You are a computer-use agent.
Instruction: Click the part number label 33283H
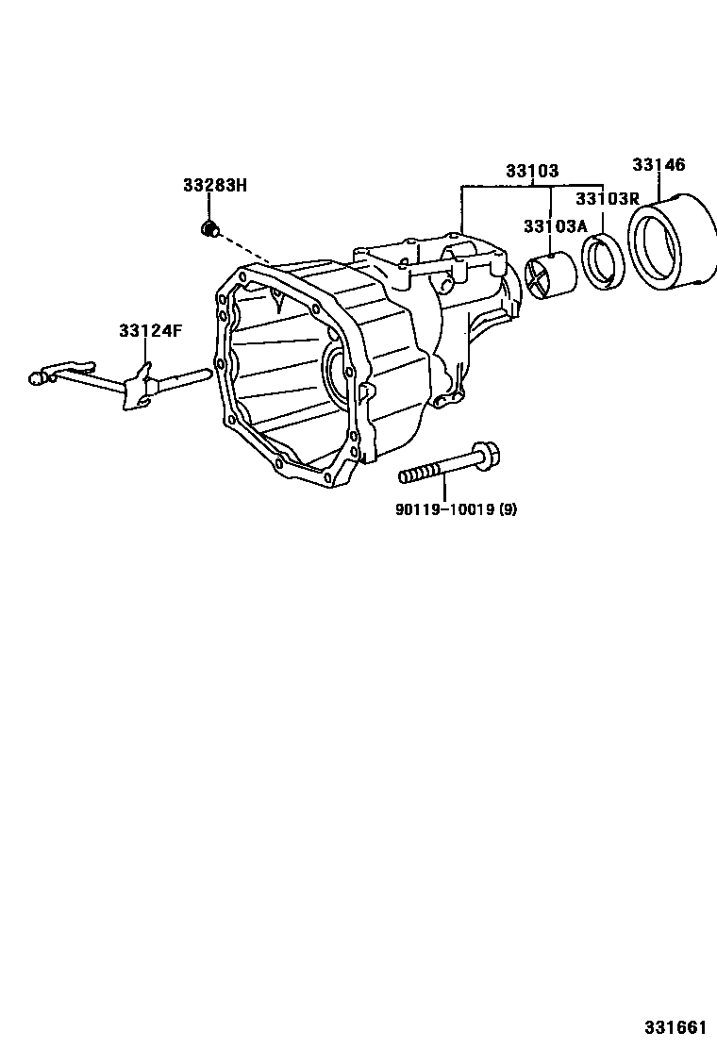214,186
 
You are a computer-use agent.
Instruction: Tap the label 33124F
150,331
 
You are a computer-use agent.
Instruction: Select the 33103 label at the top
531,172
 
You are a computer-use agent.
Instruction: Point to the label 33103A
555,225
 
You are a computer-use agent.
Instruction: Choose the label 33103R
608,198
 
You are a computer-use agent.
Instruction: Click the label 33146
659,165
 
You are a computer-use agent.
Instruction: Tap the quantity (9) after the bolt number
508,510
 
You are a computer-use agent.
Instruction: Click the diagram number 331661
675,1026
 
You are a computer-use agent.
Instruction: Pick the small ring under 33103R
602,261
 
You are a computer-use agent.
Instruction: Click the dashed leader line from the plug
247,250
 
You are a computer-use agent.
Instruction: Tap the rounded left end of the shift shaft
37,378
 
